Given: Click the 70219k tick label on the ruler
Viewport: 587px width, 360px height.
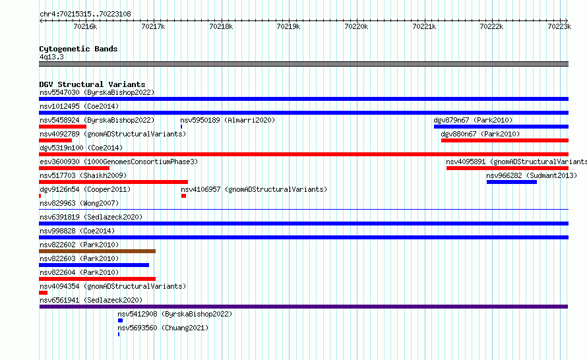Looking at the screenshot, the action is [288, 26].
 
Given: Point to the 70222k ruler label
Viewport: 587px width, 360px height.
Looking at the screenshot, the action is [491, 26].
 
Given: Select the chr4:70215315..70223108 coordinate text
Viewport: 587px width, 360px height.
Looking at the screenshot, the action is [85, 15].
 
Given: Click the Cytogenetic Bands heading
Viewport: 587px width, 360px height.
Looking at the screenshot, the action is [78, 49].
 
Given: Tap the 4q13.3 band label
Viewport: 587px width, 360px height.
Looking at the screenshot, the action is [51, 57].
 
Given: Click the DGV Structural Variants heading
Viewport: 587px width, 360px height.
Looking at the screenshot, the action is [92, 84].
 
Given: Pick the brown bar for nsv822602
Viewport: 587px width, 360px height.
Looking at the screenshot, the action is [98, 251].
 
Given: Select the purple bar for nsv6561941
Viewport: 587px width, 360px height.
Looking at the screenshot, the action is [303, 307].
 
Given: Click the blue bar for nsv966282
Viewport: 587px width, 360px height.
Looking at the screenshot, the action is [512, 182].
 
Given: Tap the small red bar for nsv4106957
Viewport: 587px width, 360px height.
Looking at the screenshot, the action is [183, 196].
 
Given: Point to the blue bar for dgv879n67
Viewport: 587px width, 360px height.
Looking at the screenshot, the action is [501, 127].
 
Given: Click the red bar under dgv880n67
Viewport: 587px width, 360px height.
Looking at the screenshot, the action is [505, 140].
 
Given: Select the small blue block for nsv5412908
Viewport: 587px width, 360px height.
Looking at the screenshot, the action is [120, 320].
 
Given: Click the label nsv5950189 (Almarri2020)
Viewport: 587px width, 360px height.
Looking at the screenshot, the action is [228, 120].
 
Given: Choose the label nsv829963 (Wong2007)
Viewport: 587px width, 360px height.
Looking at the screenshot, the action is [79, 203].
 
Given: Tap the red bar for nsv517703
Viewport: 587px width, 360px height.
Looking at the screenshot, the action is [113, 182].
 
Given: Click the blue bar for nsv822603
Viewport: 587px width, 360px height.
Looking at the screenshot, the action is [94, 265].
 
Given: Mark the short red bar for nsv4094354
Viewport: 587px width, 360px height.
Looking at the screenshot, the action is [44, 293].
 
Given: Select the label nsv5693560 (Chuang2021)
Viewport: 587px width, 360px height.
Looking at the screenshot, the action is [163, 328].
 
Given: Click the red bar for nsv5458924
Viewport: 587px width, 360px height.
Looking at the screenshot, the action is [63, 127].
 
